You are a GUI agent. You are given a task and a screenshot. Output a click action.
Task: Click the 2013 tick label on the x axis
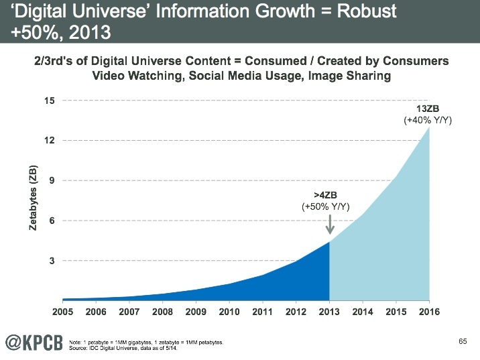[x=329, y=312]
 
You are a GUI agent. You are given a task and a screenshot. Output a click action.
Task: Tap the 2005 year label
[x=62, y=312]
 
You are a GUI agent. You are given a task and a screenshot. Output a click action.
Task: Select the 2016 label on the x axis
[x=429, y=312]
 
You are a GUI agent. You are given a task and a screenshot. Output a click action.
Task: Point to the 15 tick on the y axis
[x=49, y=101]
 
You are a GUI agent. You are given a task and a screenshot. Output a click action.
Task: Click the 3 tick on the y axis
[x=52, y=260]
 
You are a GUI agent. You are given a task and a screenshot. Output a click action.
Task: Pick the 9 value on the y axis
[x=52, y=180]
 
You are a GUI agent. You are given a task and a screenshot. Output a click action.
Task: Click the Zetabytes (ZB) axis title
[x=33, y=198]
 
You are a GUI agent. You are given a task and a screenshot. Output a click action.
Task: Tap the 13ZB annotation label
[x=426, y=109]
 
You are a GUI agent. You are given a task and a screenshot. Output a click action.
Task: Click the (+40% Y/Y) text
[x=426, y=121]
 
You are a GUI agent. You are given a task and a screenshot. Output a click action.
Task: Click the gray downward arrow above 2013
[x=329, y=224]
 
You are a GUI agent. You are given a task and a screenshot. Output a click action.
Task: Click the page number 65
[x=462, y=342]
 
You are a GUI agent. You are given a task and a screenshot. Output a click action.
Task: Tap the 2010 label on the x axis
[x=229, y=312]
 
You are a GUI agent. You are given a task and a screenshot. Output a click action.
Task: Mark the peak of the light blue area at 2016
[x=429, y=128]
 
